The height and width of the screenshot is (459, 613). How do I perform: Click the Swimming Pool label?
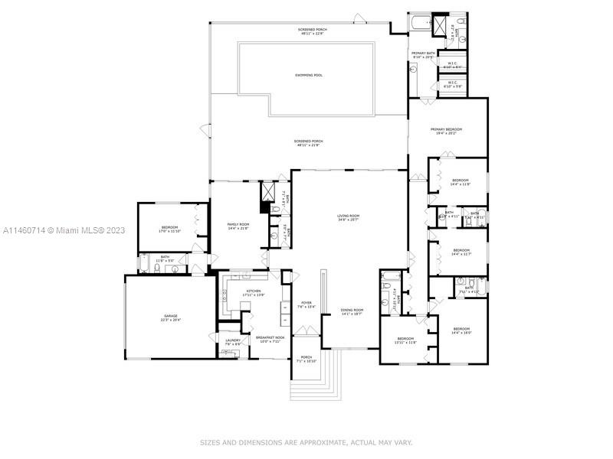coord(308,75)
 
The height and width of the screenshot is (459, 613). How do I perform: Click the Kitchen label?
coord(254,292)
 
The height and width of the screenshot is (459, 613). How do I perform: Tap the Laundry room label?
coord(233,342)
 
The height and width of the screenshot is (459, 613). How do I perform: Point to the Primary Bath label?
coord(422,54)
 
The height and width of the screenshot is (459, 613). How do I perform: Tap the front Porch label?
coord(306,359)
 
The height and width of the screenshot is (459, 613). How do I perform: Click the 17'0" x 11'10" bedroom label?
coord(169,229)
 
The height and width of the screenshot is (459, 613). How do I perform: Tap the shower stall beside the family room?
coord(269,190)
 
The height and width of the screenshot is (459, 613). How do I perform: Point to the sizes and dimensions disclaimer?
coord(306,442)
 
